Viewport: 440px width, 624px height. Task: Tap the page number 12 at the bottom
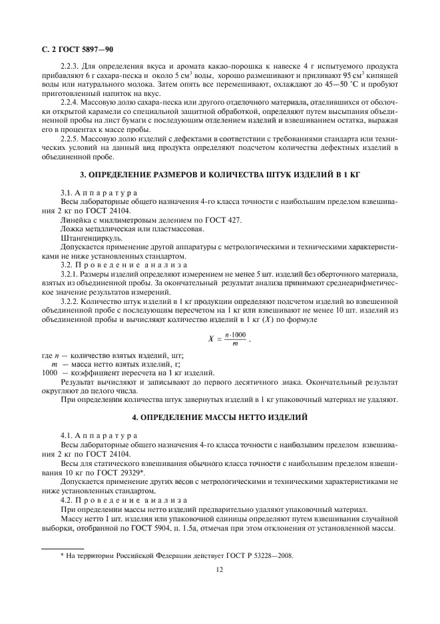coord(219,569)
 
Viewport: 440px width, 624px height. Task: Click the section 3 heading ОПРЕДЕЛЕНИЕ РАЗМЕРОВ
coord(220,174)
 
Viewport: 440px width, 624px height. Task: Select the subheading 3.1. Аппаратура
coord(99,193)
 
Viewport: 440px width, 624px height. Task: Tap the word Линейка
coord(75,220)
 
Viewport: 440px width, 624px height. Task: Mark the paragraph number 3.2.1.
coord(71,273)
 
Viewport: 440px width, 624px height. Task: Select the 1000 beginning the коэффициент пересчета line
coord(51,372)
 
